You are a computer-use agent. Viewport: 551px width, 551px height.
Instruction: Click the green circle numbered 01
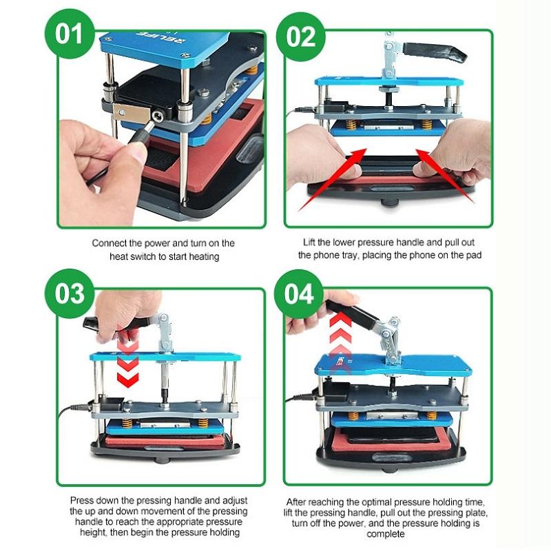[x=70, y=33]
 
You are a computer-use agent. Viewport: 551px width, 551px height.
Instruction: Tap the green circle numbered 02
[x=301, y=37]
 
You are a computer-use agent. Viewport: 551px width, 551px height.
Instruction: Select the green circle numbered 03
[x=70, y=293]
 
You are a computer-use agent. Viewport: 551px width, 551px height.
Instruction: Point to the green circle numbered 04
[x=299, y=294]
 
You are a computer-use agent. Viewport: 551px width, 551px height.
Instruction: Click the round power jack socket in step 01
[x=157, y=115]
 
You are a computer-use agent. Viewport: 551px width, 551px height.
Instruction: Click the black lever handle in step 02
[x=435, y=51]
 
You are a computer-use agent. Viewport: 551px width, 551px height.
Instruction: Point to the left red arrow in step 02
[x=332, y=179]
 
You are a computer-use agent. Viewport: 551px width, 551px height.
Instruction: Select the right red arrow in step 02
[x=445, y=176]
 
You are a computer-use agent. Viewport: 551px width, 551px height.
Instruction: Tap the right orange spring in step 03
[x=202, y=423]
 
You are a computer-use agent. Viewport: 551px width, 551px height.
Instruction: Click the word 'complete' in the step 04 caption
[x=386, y=534]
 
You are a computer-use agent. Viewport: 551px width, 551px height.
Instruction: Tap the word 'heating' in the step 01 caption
[x=204, y=257]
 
